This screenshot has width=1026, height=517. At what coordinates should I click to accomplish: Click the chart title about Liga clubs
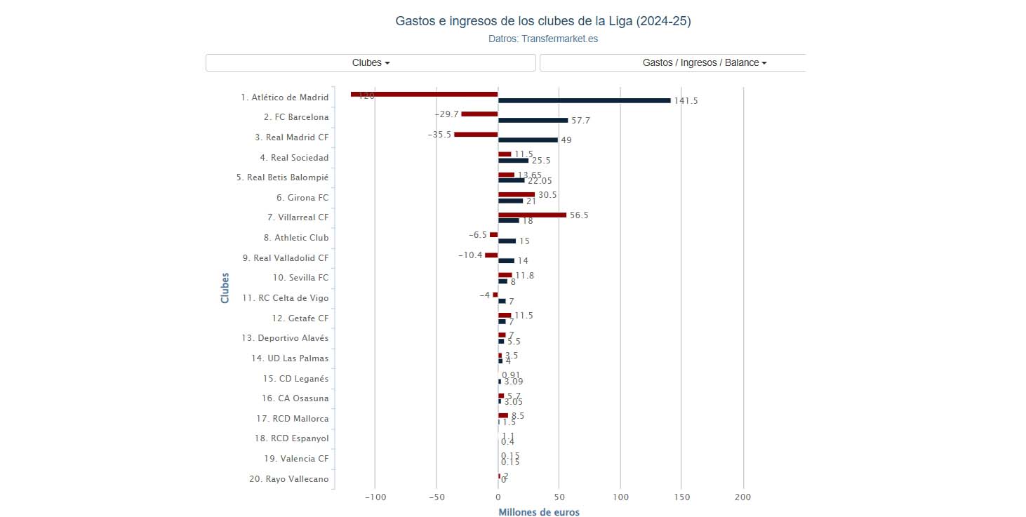click(x=543, y=22)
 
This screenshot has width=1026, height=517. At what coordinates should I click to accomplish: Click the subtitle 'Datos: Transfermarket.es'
click(x=543, y=39)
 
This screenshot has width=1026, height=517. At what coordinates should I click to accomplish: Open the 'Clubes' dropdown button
click(x=371, y=62)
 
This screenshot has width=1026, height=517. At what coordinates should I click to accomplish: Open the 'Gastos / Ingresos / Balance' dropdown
click(x=704, y=62)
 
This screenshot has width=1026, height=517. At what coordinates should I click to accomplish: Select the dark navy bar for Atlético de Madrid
click(x=584, y=100)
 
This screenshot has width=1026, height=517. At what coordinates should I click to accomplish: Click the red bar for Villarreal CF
click(x=532, y=215)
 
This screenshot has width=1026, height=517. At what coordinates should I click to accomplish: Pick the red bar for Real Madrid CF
click(x=476, y=134)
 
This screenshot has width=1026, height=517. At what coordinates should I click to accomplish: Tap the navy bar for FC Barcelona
click(x=533, y=120)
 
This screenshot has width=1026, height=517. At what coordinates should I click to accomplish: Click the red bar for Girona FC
click(x=517, y=194)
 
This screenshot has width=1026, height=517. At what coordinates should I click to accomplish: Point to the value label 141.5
click(x=686, y=101)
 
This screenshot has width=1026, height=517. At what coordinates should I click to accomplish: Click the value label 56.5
click(x=579, y=215)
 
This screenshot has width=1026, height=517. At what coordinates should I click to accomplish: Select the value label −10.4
click(x=470, y=255)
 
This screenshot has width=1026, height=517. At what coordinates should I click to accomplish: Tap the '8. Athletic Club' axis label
click(x=296, y=238)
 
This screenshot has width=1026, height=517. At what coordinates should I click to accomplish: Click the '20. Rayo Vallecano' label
click(x=288, y=479)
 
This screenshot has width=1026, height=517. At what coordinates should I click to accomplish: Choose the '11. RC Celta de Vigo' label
click(x=285, y=298)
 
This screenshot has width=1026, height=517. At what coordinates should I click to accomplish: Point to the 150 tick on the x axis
click(x=681, y=497)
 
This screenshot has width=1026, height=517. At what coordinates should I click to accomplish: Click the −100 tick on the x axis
click(x=375, y=497)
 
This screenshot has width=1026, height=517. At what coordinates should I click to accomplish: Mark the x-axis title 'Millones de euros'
click(x=539, y=512)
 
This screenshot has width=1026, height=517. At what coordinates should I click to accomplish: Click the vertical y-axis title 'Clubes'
click(x=225, y=288)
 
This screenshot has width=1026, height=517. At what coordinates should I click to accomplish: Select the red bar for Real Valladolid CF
click(x=491, y=255)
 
